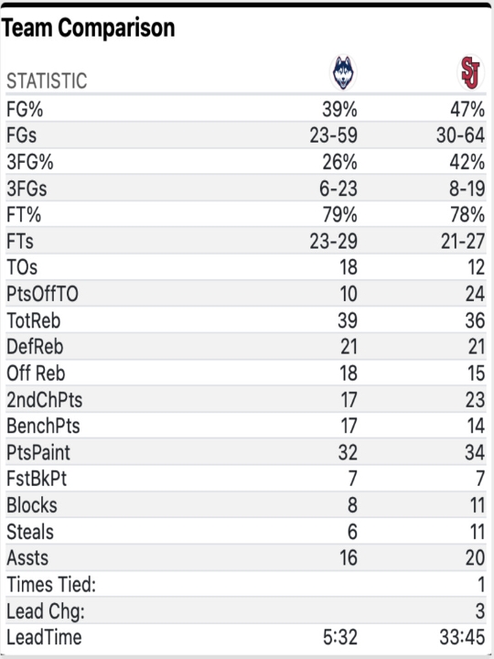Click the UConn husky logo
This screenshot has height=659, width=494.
pos(343,72)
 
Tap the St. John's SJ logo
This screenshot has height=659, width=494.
pos(470,72)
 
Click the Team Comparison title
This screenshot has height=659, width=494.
pos(88,28)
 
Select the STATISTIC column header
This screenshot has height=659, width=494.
pos(47,81)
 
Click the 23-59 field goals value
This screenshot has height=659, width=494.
pos(334,135)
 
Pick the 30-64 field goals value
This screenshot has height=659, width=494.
pos(460,135)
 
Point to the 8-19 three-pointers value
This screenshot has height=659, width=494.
pos(467,189)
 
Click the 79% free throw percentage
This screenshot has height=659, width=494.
pos(339,215)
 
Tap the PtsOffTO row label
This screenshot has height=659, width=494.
pos(42,294)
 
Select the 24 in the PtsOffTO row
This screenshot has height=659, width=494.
pos(475,294)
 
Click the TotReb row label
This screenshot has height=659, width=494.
pos(34,320)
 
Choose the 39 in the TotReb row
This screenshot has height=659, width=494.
pos(348,320)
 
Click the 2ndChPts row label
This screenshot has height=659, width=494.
pos(45,400)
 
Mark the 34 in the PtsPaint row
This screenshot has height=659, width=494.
pos(475,453)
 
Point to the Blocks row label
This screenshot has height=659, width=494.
pos(31,505)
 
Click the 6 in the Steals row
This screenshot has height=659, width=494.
pos(352,532)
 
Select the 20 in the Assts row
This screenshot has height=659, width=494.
pos(475,558)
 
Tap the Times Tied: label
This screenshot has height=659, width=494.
pos(51,585)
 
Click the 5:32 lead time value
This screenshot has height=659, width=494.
pos(340,638)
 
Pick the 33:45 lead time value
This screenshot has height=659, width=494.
pos(462,638)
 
